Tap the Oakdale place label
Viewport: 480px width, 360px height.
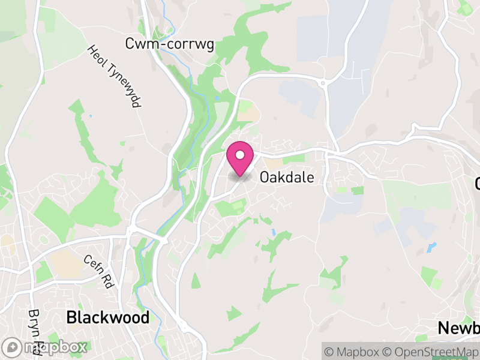point(287,178)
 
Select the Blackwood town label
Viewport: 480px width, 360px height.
point(108,317)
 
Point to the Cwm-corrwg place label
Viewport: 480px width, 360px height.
point(170,44)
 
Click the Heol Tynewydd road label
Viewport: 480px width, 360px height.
point(113,76)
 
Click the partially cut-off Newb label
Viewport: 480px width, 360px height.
point(458,328)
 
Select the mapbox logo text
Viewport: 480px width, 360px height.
point(53,347)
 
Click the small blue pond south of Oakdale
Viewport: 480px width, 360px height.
point(272,232)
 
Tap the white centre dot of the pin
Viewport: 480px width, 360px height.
point(240,155)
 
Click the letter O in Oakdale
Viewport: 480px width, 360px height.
point(265,178)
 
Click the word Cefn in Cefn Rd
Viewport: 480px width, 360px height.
point(93,266)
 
